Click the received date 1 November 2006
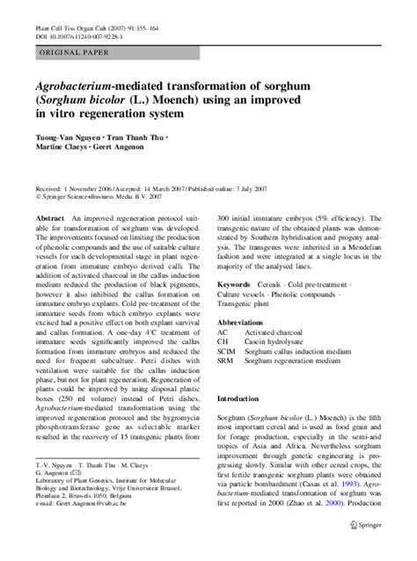[88, 189]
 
